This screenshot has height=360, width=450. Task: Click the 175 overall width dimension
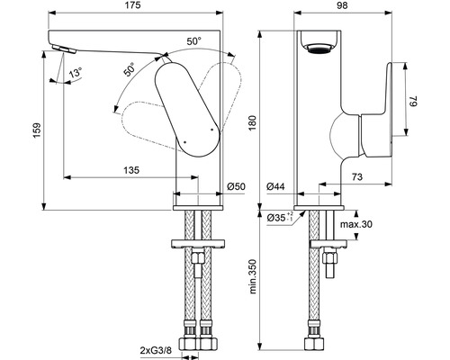click(x=133, y=5)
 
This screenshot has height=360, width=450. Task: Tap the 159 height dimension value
click(x=37, y=130)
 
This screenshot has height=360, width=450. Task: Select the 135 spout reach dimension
click(x=131, y=170)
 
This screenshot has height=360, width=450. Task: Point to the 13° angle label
click(x=76, y=73)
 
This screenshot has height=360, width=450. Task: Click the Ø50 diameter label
click(x=236, y=186)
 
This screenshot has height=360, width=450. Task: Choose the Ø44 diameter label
click(x=275, y=186)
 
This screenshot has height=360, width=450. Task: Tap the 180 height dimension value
click(x=253, y=123)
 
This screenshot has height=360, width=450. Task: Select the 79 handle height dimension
click(x=414, y=101)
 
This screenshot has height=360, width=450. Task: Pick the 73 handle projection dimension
click(x=356, y=177)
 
